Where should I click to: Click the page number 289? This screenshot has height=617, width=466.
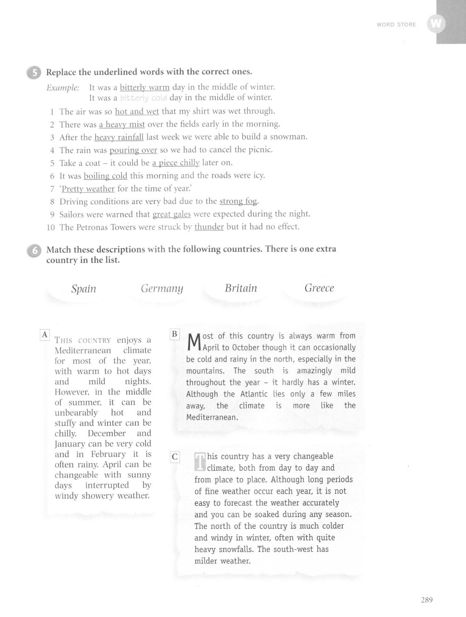coord(426,600)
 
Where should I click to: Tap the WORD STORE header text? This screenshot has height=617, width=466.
coord(396,25)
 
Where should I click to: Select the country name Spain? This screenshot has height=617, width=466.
coord(84,289)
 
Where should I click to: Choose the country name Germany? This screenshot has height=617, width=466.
coord(162,289)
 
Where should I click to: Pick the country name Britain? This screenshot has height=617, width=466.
coord(241,288)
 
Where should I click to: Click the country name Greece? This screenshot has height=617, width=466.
coord(319,288)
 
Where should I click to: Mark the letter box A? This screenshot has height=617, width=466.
coord(45,334)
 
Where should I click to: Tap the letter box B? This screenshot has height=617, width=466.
coord(174,334)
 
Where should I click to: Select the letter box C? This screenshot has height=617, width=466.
coord(175,457)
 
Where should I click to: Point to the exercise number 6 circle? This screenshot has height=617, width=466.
coord(34,250)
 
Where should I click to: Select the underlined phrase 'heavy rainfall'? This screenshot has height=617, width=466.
coord(119,137)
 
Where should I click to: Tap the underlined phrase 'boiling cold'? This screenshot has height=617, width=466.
coord(105,176)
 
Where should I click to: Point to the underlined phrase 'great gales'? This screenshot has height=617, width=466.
coord(172,214)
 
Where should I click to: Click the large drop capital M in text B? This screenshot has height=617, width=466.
coord(193,343)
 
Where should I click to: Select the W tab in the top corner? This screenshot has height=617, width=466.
coord(436,24)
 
